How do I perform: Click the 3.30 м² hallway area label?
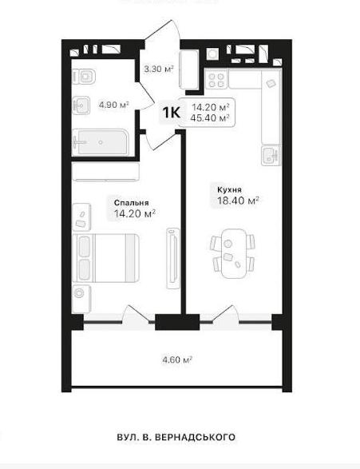point(159,69)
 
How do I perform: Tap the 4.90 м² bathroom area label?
point(114,105)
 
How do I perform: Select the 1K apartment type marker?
point(171,113)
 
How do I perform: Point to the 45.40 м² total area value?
point(210,117)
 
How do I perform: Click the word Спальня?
point(132,203)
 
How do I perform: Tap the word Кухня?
point(229,189)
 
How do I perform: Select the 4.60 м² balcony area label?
point(177,360)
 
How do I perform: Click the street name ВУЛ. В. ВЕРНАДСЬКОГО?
point(176,437)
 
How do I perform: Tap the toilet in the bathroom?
point(84,76)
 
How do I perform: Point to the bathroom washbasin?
point(81,105)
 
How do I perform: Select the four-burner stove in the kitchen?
point(216,81)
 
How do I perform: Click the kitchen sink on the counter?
point(271,156)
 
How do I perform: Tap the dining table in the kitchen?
point(233,254)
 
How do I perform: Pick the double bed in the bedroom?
point(105,258)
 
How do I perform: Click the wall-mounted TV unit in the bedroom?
point(172,258)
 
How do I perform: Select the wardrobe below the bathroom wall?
point(106,172)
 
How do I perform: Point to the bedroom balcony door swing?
point(139,315)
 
